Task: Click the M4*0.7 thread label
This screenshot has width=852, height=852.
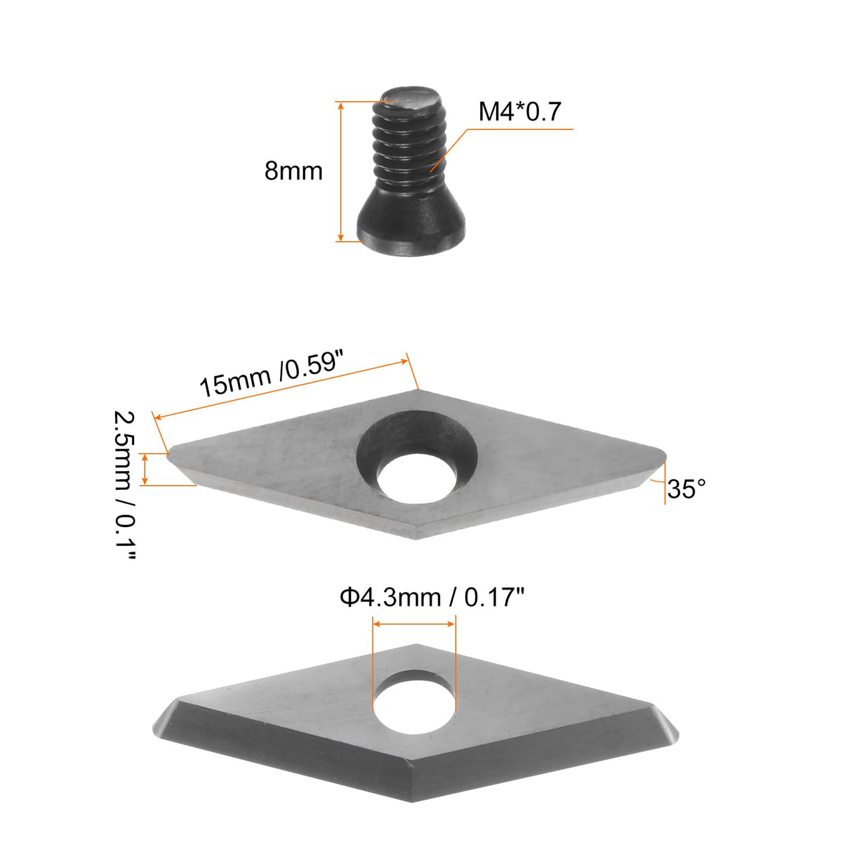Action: (x=519, y=112)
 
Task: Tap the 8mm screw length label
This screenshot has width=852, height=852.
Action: (x=293, y=171)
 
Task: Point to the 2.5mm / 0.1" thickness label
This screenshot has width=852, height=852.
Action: (x=124, y=485)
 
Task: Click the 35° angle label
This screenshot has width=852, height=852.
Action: (x=686, y=489)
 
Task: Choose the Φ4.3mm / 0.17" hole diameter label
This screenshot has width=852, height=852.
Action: (x=432, y=597)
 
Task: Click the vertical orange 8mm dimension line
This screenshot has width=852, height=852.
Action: (x=341, y=171)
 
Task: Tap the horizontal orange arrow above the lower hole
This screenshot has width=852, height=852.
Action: (x=414, y=623)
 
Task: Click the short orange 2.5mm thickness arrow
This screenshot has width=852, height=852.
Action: (x=145, y=469)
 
